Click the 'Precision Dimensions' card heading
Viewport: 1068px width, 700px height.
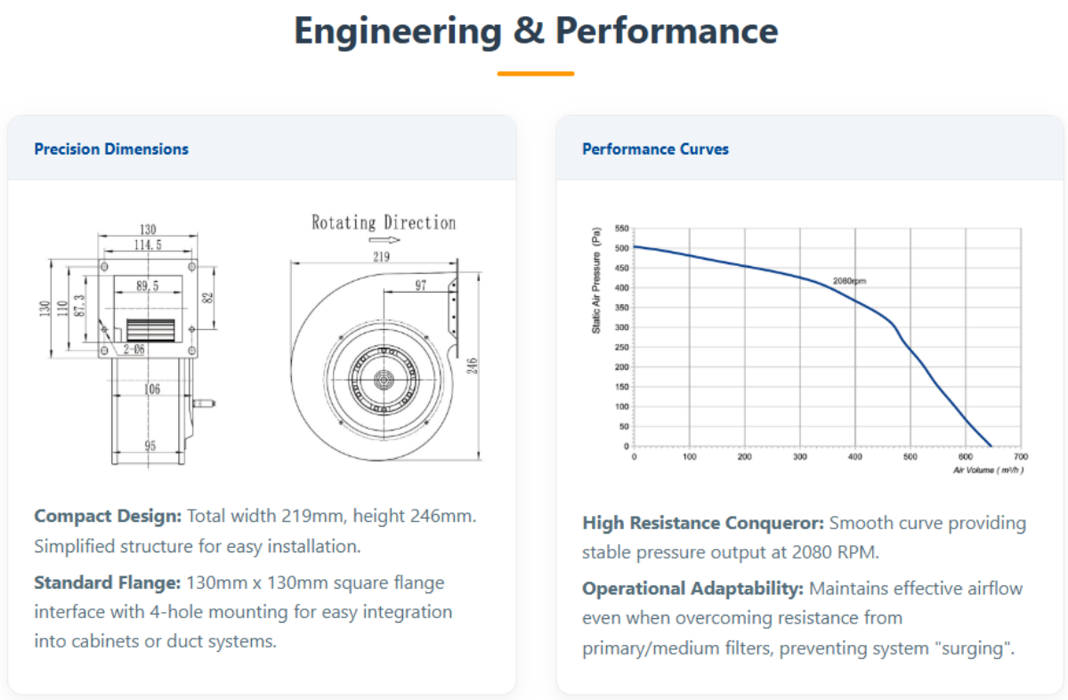click(x=111, y=149)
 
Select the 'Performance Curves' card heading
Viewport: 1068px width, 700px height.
click(x=655, y=149)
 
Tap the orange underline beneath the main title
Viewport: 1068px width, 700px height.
click(x=535, y=74)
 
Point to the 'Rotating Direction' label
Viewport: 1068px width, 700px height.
click(x=383, y=222)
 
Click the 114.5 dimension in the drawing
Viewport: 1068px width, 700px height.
click(x=147, y=245)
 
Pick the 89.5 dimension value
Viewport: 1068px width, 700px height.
click(x=147, y=286)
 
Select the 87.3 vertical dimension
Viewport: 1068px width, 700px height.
click(x=79, y=307)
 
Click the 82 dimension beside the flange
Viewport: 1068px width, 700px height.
click(x=207, y=298)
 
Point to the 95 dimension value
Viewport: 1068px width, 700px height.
click(x=150, y=446)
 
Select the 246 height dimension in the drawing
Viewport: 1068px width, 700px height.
click(x=473, y=366)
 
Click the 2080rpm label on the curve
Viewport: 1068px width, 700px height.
click(x=849, y=281)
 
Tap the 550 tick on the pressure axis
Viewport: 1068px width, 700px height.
click(x=621, y=229)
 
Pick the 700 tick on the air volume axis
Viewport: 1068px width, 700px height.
click(x=1020, y=456)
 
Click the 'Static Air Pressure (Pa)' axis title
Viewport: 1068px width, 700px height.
click(x=596, y=281)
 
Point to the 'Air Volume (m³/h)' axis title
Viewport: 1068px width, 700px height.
click(x=988, y=469)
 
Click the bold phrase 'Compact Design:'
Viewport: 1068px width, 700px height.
click(x=108, y=516)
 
